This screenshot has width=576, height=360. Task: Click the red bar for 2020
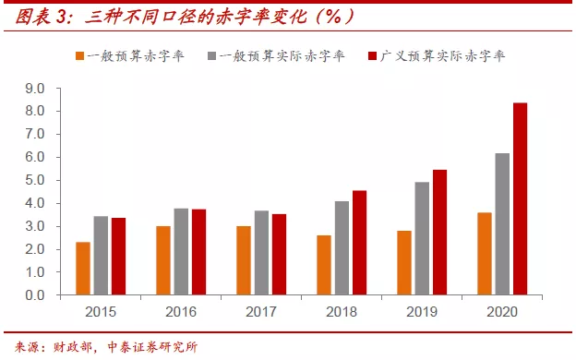coord(521,198)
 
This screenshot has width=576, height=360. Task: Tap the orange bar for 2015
coord(83,269)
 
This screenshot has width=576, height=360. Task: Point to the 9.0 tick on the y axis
coord(34,89)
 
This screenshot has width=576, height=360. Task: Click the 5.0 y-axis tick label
coord(34,181)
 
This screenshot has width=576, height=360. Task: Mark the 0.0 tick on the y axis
coord(34,296)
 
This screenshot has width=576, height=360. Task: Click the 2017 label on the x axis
coord(262,312)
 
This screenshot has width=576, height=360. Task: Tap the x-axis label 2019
coord(422,312)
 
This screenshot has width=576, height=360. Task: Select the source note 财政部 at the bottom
coord(73,348)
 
